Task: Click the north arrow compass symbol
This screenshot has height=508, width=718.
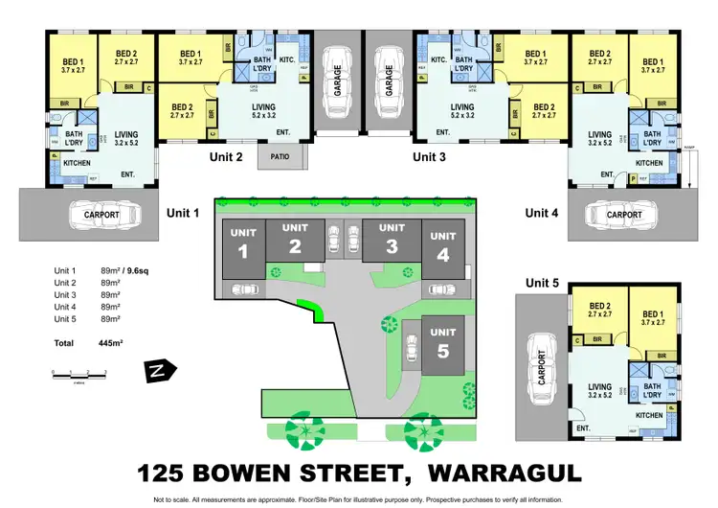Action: point(153,370)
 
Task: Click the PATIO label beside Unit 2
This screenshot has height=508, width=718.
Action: point(280,155)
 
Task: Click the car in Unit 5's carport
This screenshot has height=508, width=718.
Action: point(542,364)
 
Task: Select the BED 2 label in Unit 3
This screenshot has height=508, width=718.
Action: point(545,111)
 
